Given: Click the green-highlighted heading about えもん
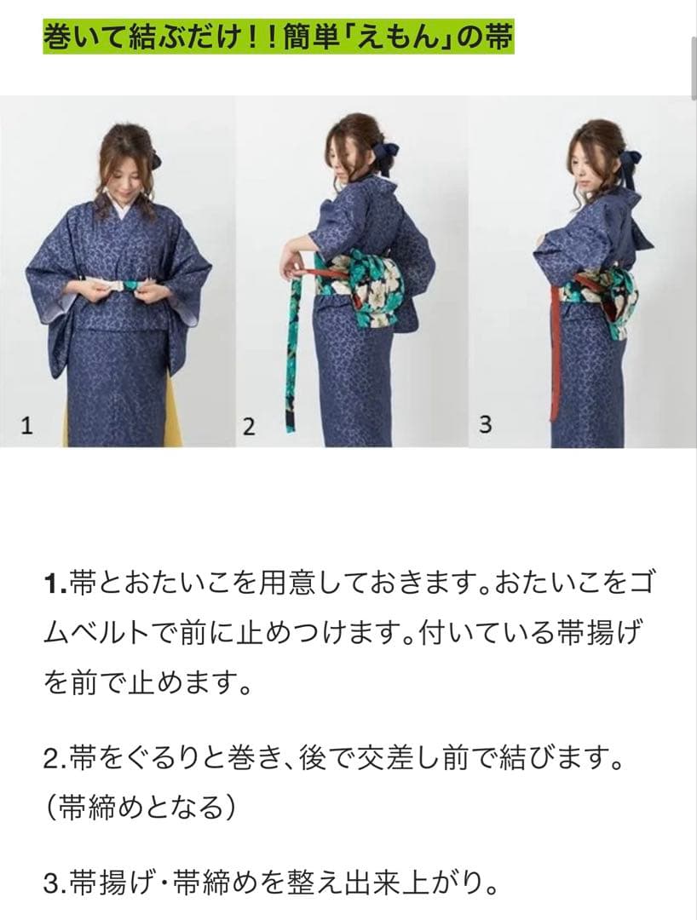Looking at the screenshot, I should tap(278, 38).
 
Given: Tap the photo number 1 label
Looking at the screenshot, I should tap(26, 427).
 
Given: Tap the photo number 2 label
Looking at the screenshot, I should tap(248, 427).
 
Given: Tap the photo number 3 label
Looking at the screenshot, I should tap(485, 425).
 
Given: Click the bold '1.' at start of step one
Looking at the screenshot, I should tap(53, 584).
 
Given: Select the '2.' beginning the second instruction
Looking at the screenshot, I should tap(53, 758).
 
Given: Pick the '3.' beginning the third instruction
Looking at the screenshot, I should tap(53, 879).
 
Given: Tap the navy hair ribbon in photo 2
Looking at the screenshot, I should tap(384, 154).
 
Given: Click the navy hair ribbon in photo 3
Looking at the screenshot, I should tap(631, 165).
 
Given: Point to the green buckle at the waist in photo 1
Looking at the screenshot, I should tap(134, 286).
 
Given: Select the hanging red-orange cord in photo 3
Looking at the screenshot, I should tap(556, 358).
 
